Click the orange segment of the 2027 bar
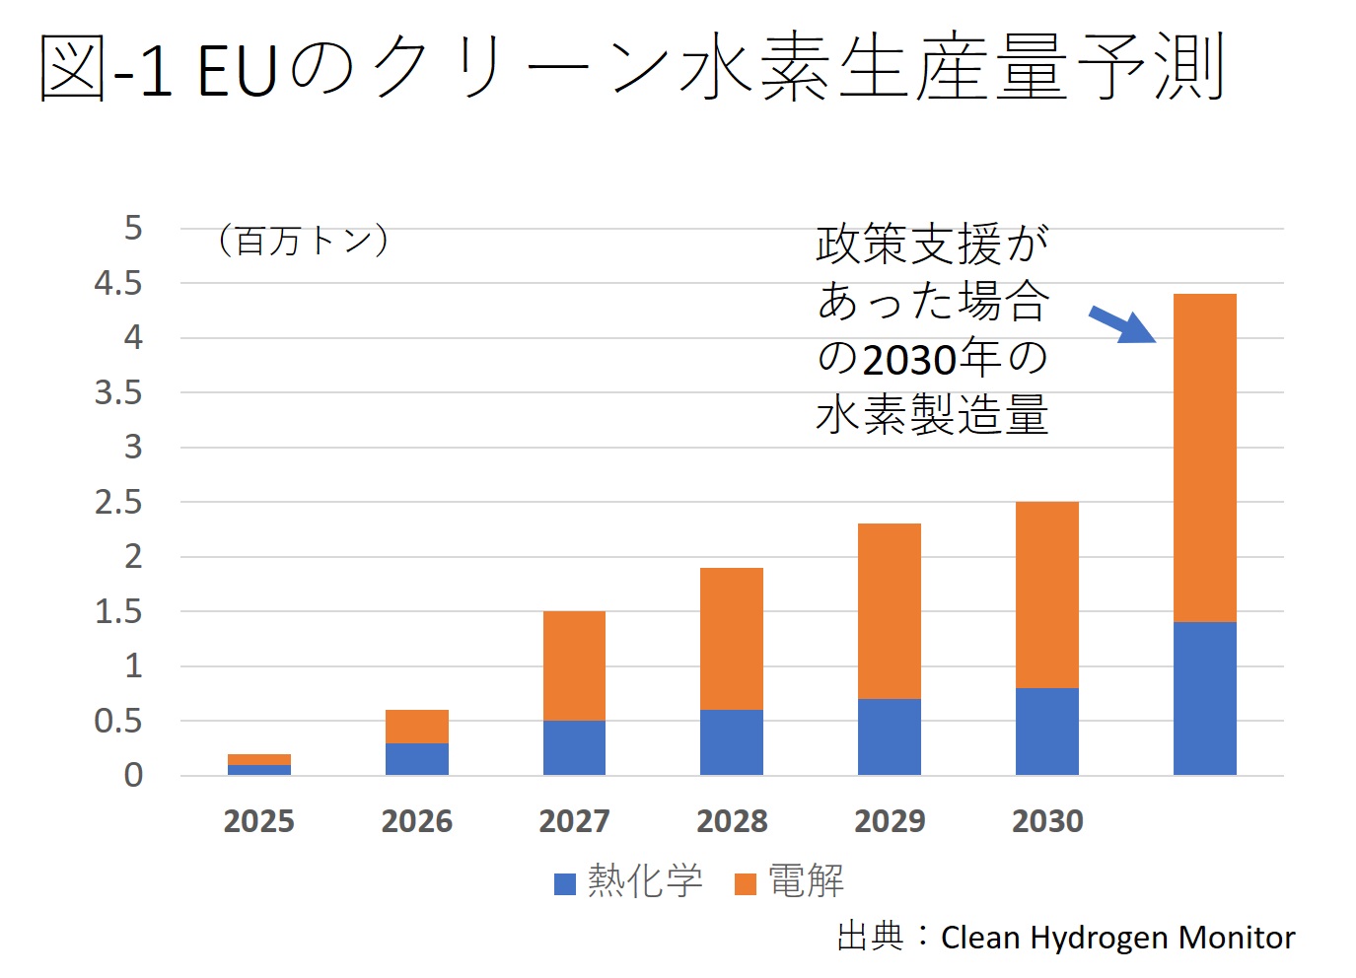pyautogui.click(x=574, y=665)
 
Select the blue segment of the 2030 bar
pyautogui.click(x=1046, y=732)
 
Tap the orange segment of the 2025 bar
pyautogui.click(x=259, y=759)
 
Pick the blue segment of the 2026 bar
pyautogui.click(x=416, y=759)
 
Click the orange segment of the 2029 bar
pyautogui.click(x=889, y=611)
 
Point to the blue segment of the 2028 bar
pyautogui.click(x=731, y=742)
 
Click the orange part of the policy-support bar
pyautogui.click(x=1204, y=457)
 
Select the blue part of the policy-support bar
pyautogui.click(x=1204, y=698)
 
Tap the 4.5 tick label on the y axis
pyautogui.click(x=118, y=284)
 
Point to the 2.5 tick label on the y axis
pyautogui.click(x=118, y=503)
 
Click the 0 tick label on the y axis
pyautogui.click(x=133, y=776)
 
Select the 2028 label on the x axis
pyautogui.click(x=732, y=821)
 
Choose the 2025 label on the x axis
pyautogui.click(x=259, y=821)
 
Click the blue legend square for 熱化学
pyautogui.click(x=565, y=883)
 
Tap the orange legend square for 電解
pyautogui.click(x=746, y=883)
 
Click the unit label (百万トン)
pyautogui.click(x=303, y=241)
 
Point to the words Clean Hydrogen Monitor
pyautogui.click(x=1117, y=938)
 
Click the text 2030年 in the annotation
pyautogui.click(x=933, y=359)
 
